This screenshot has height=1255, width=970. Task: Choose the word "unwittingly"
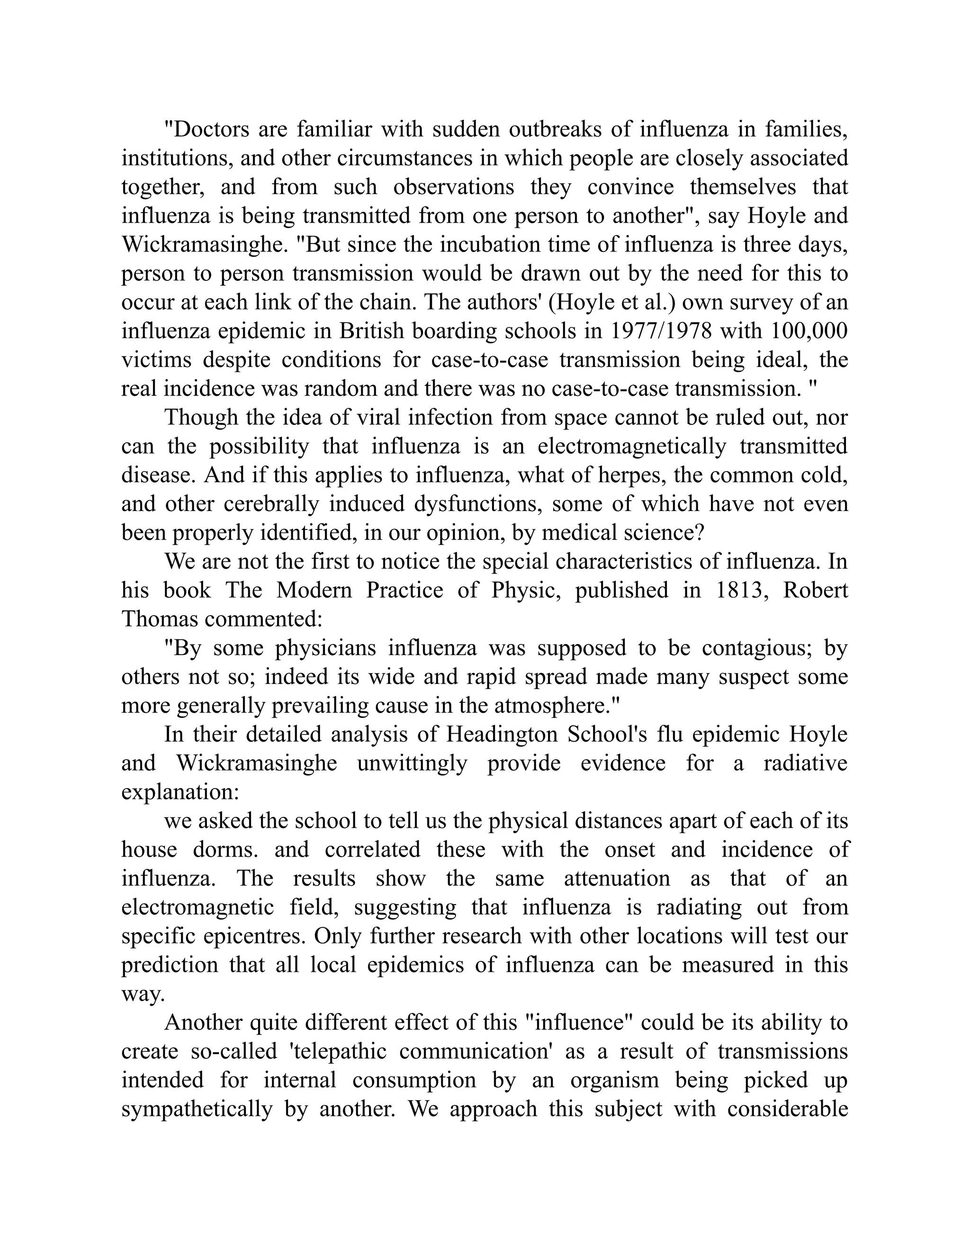412,763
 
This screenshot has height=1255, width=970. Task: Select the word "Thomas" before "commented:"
159,619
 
